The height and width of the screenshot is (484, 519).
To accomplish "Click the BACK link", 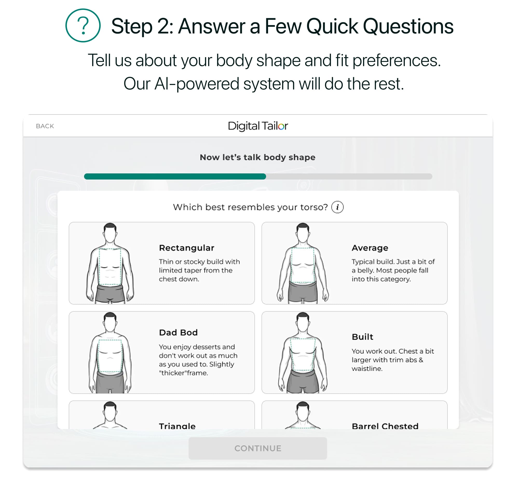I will click(x=45, y=126).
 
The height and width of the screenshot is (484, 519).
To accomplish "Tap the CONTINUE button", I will click(x=258, y=448).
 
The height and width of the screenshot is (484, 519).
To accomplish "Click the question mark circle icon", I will click(x=83, y=26).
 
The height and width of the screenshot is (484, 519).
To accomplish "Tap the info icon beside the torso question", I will click(x=338, y=207).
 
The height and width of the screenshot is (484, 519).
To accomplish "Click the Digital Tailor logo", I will click(x=258, y=126).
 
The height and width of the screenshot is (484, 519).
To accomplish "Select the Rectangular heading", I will click(x=187, y=248).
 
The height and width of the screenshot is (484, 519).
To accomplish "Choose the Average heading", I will click(x=370, y=248).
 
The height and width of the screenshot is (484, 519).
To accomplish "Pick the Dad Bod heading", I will click(x=178, y=333).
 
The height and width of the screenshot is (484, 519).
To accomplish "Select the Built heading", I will click(x=363, y=337).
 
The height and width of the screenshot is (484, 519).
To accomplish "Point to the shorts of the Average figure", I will click(x=303, y=292).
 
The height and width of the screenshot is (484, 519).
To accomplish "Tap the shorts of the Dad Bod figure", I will click(x=110, y=382).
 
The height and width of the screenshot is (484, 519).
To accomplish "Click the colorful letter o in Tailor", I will click(x=282, y=127).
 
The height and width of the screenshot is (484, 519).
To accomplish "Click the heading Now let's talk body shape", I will click(x=258, y=158).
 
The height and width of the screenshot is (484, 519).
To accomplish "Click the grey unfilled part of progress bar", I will click(x=349, y=177).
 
